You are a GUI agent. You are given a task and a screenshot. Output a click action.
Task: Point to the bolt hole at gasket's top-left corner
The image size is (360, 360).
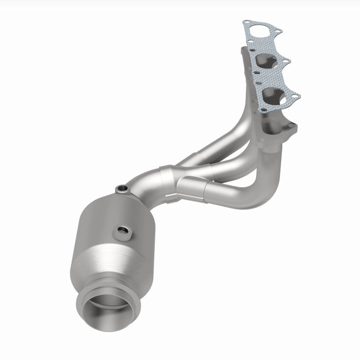coord(245,22)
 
